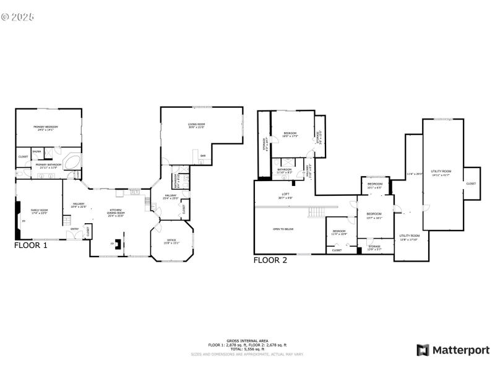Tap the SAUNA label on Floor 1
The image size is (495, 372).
coord(37,151)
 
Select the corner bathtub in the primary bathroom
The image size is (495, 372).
coord(73,163)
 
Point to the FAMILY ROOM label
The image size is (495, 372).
coord(40,211)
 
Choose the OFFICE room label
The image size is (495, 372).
coord(171,241)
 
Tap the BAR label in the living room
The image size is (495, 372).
coord(202,156)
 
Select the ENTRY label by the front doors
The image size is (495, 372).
coord(74,229)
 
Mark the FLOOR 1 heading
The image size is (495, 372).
coord(31,246)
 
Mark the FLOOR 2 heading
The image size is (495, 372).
coord(270,260)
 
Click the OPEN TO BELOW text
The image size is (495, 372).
coord(283,229)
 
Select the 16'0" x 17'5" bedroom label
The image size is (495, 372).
coord(291,135)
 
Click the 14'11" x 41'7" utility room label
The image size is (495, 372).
coord(441,172)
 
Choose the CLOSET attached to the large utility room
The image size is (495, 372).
coord(471,184)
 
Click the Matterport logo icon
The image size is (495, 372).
coord(423,350)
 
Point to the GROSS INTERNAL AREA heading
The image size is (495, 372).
coord(247,341)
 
